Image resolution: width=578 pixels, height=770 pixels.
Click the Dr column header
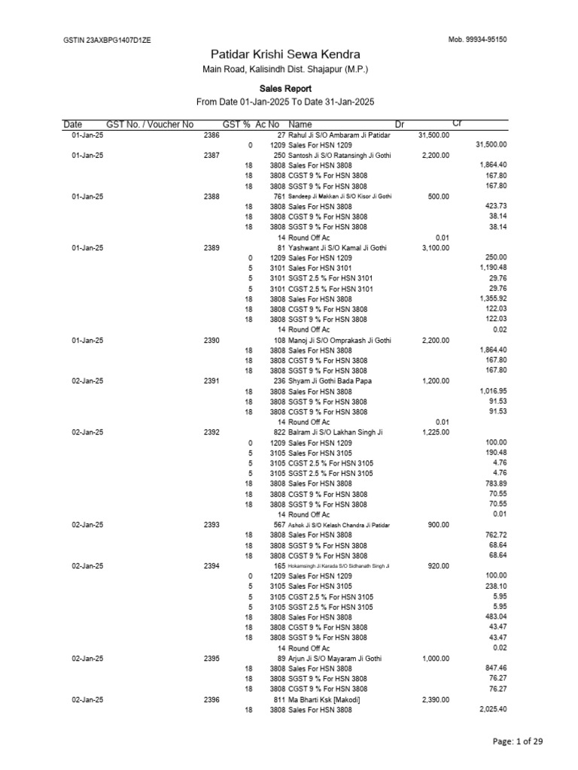point(399,124)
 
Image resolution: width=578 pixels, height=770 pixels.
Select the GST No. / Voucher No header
point(150,124)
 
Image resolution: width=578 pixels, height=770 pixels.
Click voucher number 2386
point(211,135)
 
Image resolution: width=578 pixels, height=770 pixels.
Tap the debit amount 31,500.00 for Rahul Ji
point(433,135)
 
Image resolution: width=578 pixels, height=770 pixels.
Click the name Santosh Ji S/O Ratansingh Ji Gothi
point(335,155)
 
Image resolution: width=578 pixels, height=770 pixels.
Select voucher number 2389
point(211,247)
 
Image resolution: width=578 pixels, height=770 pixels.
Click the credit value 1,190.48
point(491,268)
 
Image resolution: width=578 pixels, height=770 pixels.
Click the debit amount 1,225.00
point(435,432)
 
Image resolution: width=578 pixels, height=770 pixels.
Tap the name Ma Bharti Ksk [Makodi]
point(324,699)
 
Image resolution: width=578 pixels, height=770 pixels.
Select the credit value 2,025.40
point(491,710)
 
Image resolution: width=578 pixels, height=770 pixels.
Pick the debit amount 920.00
point(438,565)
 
